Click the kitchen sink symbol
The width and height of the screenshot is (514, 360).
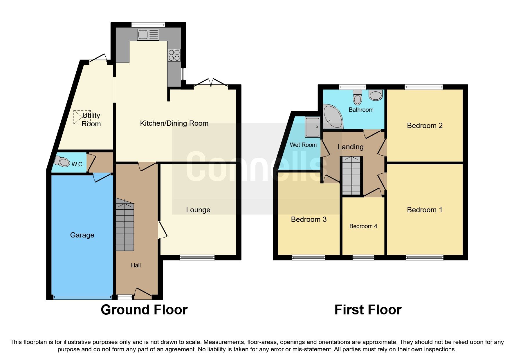[148, 35]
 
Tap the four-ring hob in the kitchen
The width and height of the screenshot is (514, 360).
[174, 55]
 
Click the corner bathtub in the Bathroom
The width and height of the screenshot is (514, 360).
[332, 118]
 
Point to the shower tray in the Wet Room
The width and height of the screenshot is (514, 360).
[312, 127]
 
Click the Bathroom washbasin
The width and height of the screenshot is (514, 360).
[376, 95]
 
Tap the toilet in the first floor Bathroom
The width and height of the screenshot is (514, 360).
[358, 97]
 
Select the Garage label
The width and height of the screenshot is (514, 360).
[82, 235]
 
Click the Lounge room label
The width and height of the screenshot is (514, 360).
[198, 210]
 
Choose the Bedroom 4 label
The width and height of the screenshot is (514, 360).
[363, 226]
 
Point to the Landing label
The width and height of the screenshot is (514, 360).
[350, 147]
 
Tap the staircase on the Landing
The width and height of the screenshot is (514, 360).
[351, 176]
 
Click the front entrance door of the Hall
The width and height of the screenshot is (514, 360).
[143, 294]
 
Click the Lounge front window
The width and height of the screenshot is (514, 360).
[197, 257]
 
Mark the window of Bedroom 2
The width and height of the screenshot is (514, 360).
[424, 87]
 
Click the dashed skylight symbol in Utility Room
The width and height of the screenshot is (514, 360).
[82, 117]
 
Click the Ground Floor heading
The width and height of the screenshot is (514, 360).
[144, 310]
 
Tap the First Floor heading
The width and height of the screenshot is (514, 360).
[368, 310]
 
